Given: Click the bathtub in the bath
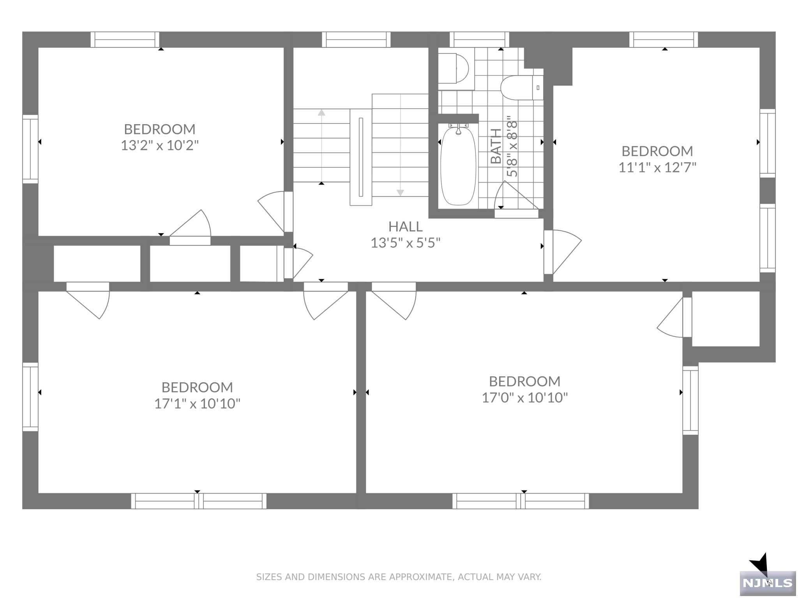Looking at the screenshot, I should [x=458, y=166].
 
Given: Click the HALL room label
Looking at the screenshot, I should [x=405, y=227].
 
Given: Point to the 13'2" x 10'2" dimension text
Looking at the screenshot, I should [x=160, y=146].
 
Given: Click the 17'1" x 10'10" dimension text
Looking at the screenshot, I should [x=197, y=404].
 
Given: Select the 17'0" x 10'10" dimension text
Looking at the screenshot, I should [x=524, y=397].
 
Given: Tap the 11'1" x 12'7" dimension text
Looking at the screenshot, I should [x=657, y=167].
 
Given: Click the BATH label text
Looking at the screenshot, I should [x=496, y=146].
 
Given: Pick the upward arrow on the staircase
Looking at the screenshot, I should [x=321, y=113].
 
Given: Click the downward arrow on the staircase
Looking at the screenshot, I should [x=400, y=192].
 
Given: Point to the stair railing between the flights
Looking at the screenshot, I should [x=361, y=157].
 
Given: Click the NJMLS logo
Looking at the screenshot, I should [x=767, y=583].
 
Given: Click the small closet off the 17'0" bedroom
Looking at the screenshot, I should [x=726, y=318].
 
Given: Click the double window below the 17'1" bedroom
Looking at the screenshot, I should [x=199, y=501].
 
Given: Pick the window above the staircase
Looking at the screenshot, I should [x=356, y=40].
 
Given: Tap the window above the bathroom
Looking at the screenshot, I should [x=479, y=40].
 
